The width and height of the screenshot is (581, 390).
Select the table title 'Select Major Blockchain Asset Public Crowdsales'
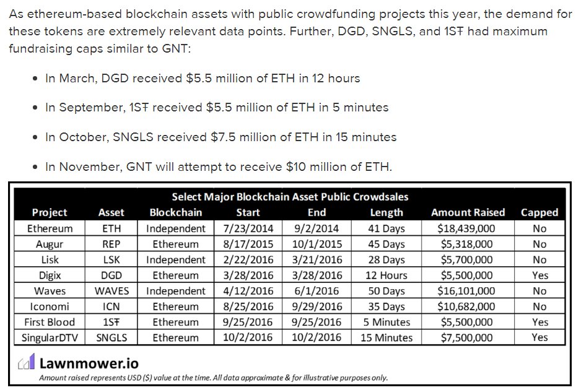(290, 197)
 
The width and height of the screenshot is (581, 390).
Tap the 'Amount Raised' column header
(468, 212)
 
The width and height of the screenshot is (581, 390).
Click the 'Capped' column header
(539, 212)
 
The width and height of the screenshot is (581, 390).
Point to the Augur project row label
(50, 244)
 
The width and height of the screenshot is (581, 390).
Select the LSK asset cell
(111, 259)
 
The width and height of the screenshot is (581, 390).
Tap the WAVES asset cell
(111, 290)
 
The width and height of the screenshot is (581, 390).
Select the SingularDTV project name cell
(50, 337)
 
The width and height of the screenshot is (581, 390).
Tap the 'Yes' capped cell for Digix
(539, 275)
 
